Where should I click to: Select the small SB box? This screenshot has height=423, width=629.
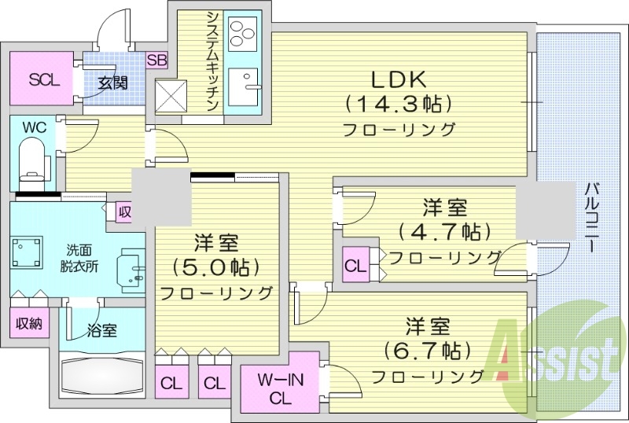tap(156, 60)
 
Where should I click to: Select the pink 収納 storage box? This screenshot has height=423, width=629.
tap(28, 322)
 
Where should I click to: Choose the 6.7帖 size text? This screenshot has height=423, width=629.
tap(428, 348)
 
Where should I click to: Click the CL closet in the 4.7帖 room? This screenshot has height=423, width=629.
tap(355, 266)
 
